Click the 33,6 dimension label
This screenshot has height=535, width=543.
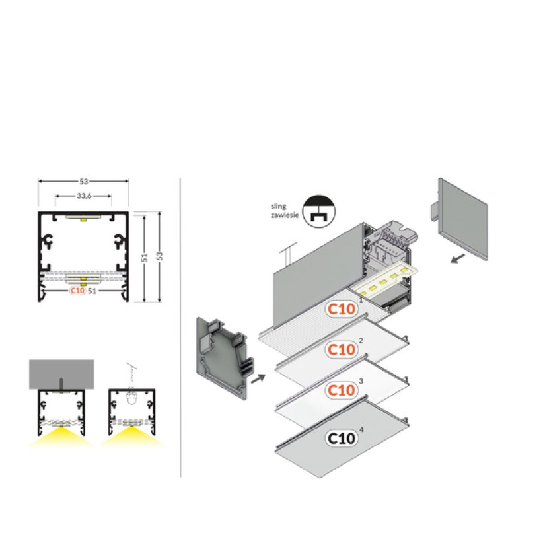(84, 196)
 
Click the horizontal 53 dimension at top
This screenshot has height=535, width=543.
(83, 181)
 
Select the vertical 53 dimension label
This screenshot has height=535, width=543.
(159, 256)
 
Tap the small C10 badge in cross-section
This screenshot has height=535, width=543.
(77, 290)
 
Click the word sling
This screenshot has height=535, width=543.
(278, 207)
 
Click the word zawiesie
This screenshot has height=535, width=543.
(285, 215)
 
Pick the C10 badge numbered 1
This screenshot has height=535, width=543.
(342, 309)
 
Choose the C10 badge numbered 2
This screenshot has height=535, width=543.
(342, 349)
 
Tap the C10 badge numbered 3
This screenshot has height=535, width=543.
(342, 390)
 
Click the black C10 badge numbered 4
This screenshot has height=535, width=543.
(342, 439)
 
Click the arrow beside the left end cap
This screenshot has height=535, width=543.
(258, 378)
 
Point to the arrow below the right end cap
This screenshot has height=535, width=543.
(458, 258)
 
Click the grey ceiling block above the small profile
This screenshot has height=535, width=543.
(61, 374)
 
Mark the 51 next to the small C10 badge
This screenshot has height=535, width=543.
(92, 291)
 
